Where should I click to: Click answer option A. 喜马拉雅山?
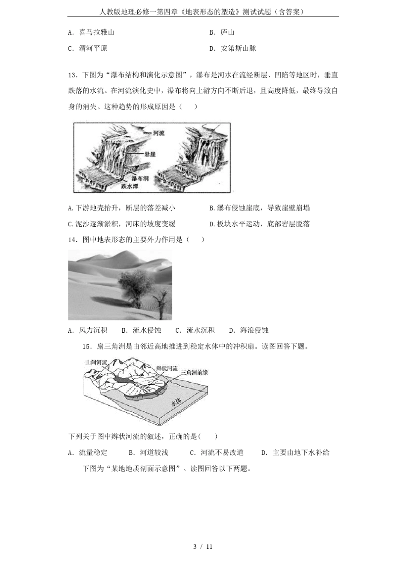coord(91,32)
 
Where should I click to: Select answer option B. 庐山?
coord(222,32)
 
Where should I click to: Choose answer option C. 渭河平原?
coord(88,49)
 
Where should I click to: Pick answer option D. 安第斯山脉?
coord(232,49)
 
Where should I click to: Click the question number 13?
coord(72,75)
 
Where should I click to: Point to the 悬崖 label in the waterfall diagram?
coord(150,154)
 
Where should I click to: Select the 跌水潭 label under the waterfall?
coord(129,186)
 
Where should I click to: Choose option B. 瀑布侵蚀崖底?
coord(259,208)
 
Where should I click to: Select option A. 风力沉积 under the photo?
coord(88,330)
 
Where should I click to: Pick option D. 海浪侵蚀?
coord(249,330)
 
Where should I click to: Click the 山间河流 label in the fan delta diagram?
coord(96,362)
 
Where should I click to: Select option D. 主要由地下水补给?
coord(295,453)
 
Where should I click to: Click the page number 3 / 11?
coord(203,547)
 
